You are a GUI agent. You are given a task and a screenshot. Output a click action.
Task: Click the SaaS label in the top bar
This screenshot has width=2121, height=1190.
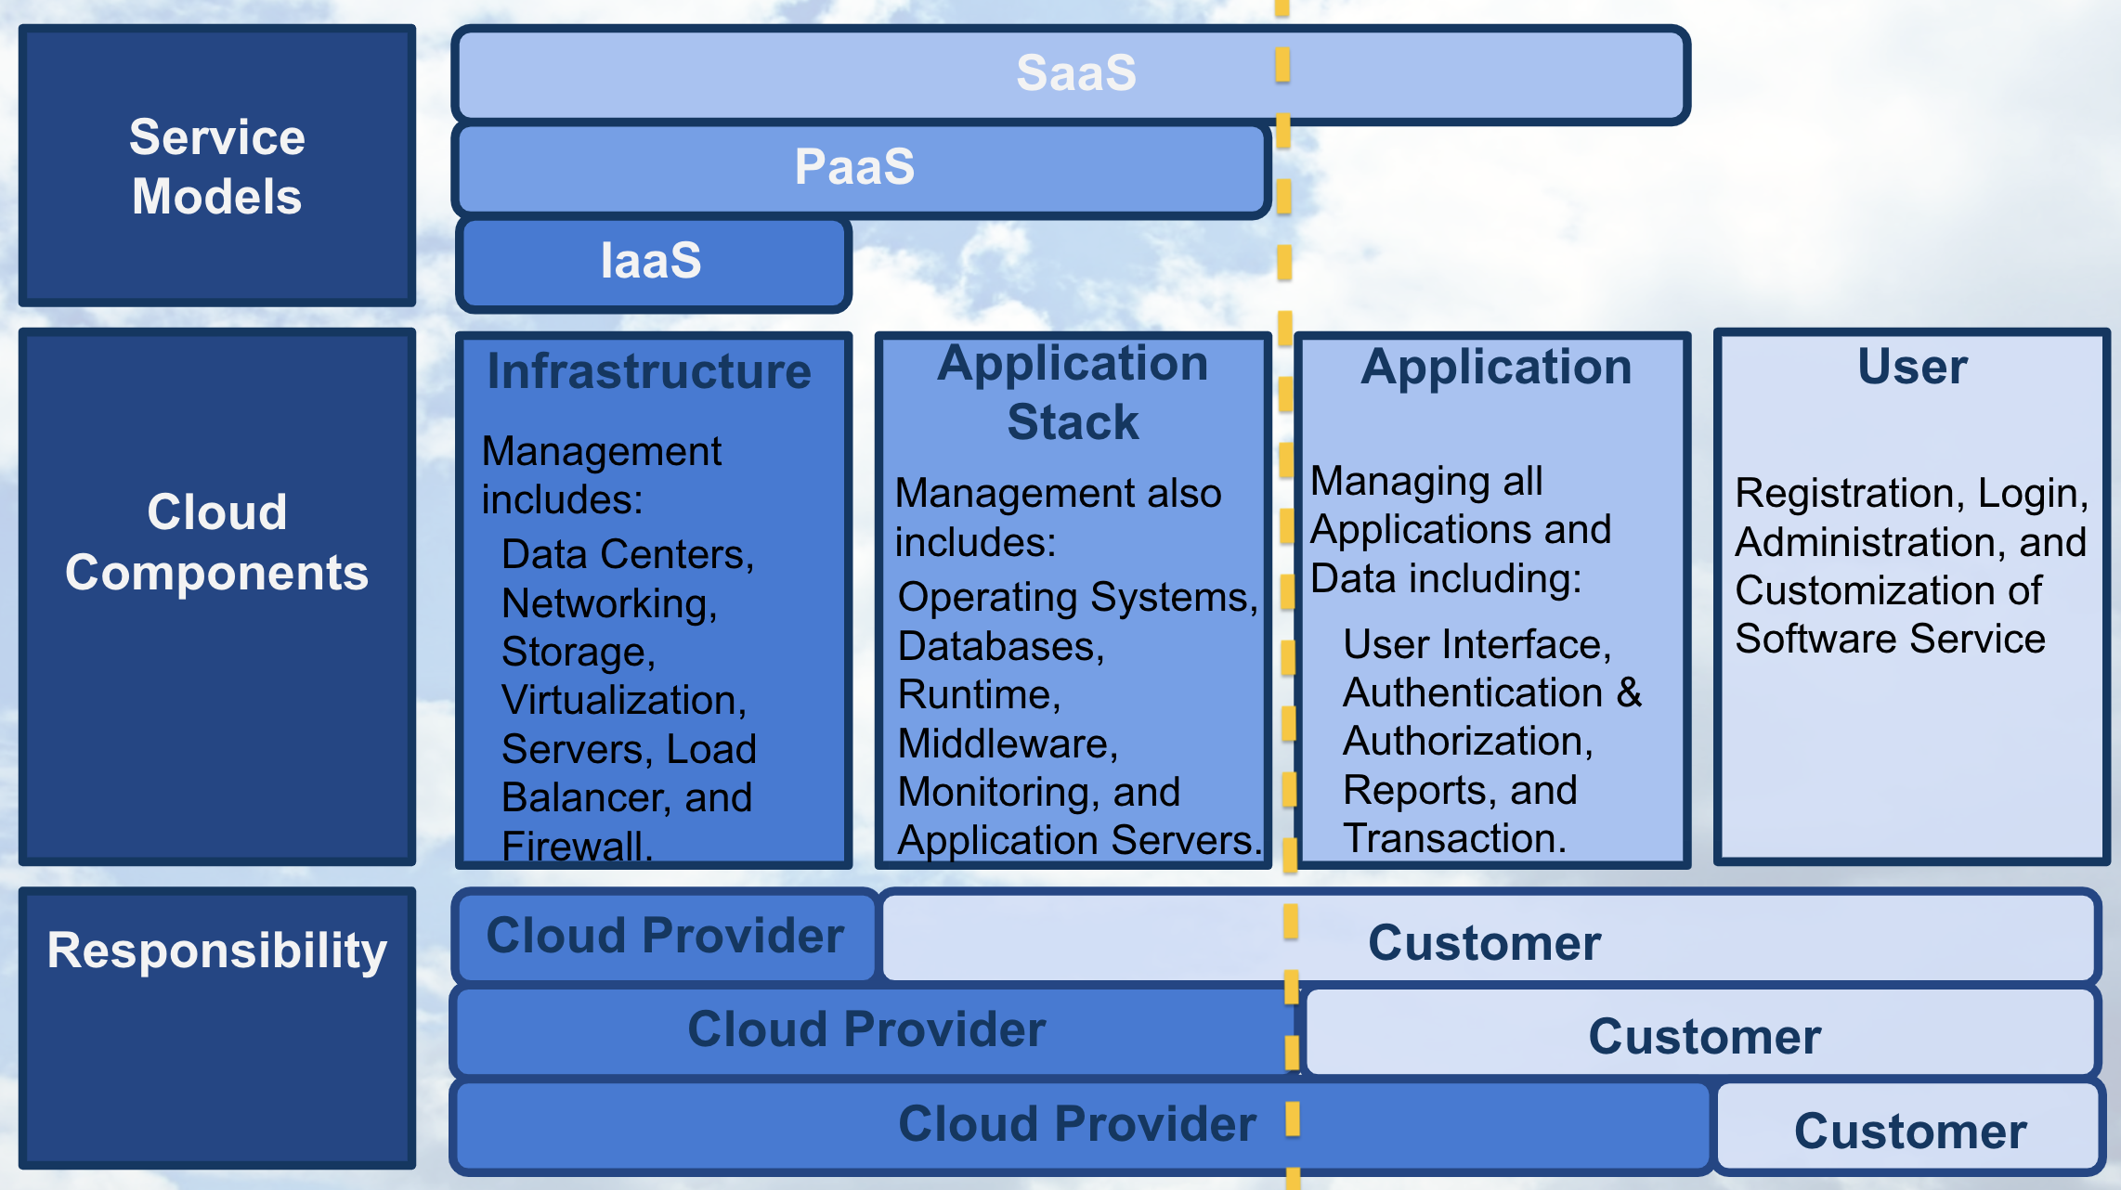tap(1075, 73)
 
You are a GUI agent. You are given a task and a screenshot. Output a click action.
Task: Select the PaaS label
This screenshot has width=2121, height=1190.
tap(854, 167)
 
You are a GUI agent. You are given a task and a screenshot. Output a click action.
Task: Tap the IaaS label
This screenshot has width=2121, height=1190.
tap(651, 261)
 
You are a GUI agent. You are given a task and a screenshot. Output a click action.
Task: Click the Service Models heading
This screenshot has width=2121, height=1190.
tap(216, 167)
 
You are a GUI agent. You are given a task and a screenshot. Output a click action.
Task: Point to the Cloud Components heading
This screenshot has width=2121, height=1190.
tap(216, 542)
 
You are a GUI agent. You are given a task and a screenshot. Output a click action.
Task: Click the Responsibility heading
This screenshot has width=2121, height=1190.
tap(216, 951)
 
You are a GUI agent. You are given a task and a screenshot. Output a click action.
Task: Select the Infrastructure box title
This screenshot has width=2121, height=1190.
tap(649, 371)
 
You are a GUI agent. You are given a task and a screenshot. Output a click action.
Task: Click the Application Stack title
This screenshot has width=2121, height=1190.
tap(1073, 393)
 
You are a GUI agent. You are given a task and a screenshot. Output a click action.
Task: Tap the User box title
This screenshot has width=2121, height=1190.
tap(1912, 367)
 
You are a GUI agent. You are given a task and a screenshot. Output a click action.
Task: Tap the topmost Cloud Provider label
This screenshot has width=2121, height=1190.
tap(665, 936)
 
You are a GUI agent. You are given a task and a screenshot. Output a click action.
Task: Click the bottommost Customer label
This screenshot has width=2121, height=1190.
tap(1910, 1132)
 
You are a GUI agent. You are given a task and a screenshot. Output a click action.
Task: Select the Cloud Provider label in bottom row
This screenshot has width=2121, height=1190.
tap(1077, 1124)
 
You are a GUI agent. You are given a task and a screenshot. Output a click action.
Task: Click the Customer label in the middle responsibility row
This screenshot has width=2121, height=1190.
tap(1704, 1037)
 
